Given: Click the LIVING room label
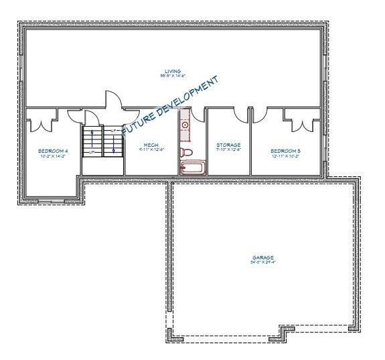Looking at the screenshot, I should coord(172,71).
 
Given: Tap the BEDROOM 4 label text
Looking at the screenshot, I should coord(53,152).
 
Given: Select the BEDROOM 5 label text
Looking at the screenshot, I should coord(285,152).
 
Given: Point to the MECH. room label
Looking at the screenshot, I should coord(151,145).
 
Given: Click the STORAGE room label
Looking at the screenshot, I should coord(228,145).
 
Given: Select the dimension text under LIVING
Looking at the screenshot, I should coord(172,76).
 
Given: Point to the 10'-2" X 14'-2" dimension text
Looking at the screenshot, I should coord(53,157).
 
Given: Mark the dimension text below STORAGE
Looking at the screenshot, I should coord(228,150).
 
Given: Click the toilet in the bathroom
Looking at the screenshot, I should coord(187,154).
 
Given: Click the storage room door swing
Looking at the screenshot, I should coord(239,115).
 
